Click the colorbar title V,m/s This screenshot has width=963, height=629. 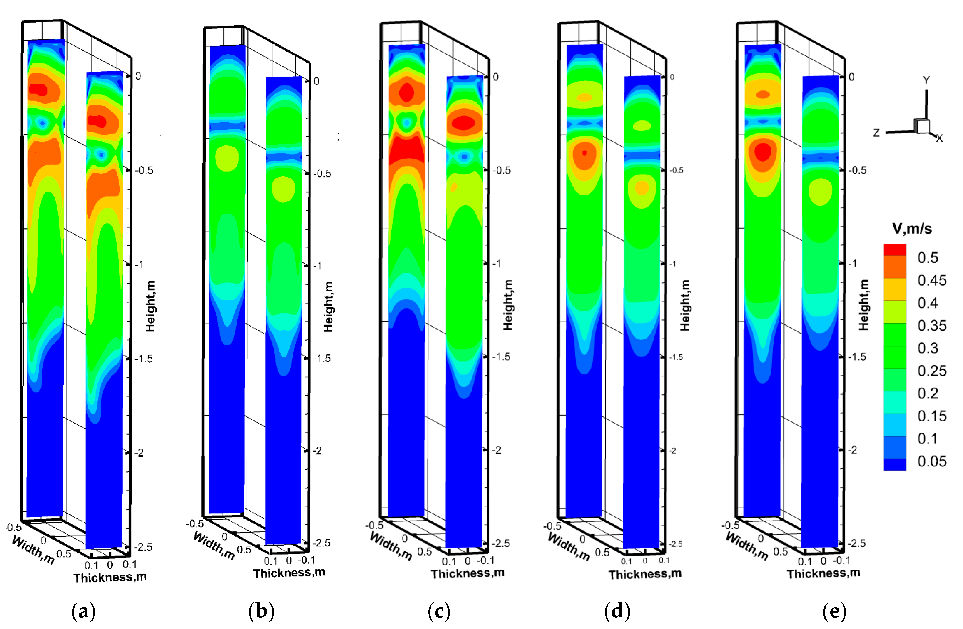(912, 229)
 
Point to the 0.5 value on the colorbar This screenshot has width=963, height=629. (928, 258)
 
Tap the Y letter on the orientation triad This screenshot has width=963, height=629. (926, 80)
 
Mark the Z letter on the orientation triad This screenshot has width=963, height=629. (876, 133)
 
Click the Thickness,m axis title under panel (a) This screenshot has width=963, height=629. (110, 577)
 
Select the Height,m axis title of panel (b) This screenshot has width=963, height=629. (328, 307)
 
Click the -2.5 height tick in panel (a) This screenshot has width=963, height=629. (143, 547)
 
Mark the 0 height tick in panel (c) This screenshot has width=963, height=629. (496, 77)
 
